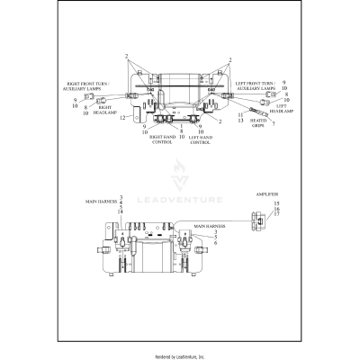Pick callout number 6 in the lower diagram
214,244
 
